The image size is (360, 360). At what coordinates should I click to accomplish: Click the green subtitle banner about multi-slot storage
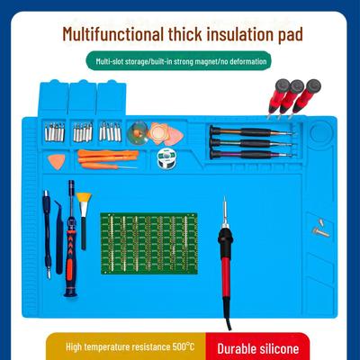coord(179,62)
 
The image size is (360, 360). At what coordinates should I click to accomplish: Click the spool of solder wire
coord(164,158)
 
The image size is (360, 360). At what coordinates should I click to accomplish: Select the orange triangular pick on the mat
coord(56,162)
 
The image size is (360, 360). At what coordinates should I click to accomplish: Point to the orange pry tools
coord(108,158)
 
